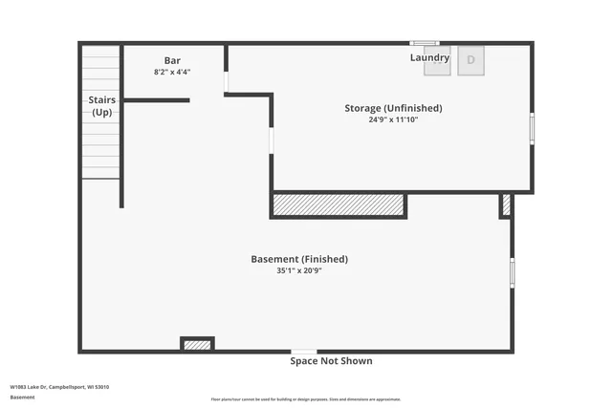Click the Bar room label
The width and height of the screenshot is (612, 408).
click(x=172, y=60)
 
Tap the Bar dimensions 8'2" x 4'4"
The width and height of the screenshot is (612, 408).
click(x=172, y=72)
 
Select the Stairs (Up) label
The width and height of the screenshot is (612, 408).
click(x=102, y=105)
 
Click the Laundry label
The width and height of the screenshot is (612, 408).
click(x=429, y=58)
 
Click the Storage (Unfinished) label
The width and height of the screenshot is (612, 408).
click(x=393, y=108)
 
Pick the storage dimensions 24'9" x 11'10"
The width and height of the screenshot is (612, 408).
click(x=393, y=119)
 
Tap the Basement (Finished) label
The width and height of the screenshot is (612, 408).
click(x=299, y=259)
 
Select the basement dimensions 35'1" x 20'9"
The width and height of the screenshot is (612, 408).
click(x=299, y=270)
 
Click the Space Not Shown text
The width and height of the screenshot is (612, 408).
click(x=331, y=361)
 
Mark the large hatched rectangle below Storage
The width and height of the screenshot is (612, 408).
click(x=339, y=204)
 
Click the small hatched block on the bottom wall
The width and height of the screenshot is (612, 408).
click(x=197, y=344)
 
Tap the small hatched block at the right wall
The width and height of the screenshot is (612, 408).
click(x=506, y=204)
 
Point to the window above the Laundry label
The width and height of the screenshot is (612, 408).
click(x=424, y=43)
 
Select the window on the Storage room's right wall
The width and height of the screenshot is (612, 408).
click(x=532, y=128)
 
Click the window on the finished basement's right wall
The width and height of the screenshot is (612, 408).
click(x=512, y=272)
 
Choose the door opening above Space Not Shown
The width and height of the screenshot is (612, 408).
click(x=304, y=352)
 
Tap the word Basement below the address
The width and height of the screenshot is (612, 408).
click(x=22, y=397)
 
